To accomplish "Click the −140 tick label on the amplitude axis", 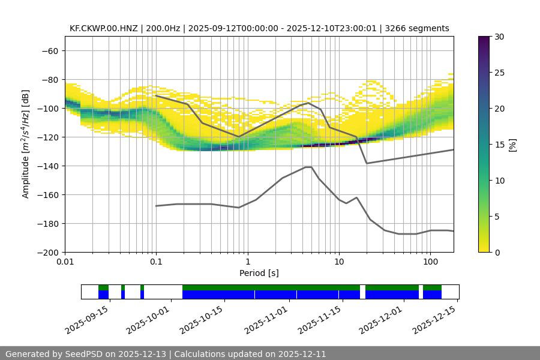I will (50, 166).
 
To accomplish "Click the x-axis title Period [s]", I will (259, 274).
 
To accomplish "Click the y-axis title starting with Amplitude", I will (26, 144).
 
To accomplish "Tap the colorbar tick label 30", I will (499, 37).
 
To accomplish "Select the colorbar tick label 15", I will (499, 145).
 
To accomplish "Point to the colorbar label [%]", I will (512, 145).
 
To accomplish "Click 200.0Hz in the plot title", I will (161, 28).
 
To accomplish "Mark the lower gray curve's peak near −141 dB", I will (308, 167).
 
